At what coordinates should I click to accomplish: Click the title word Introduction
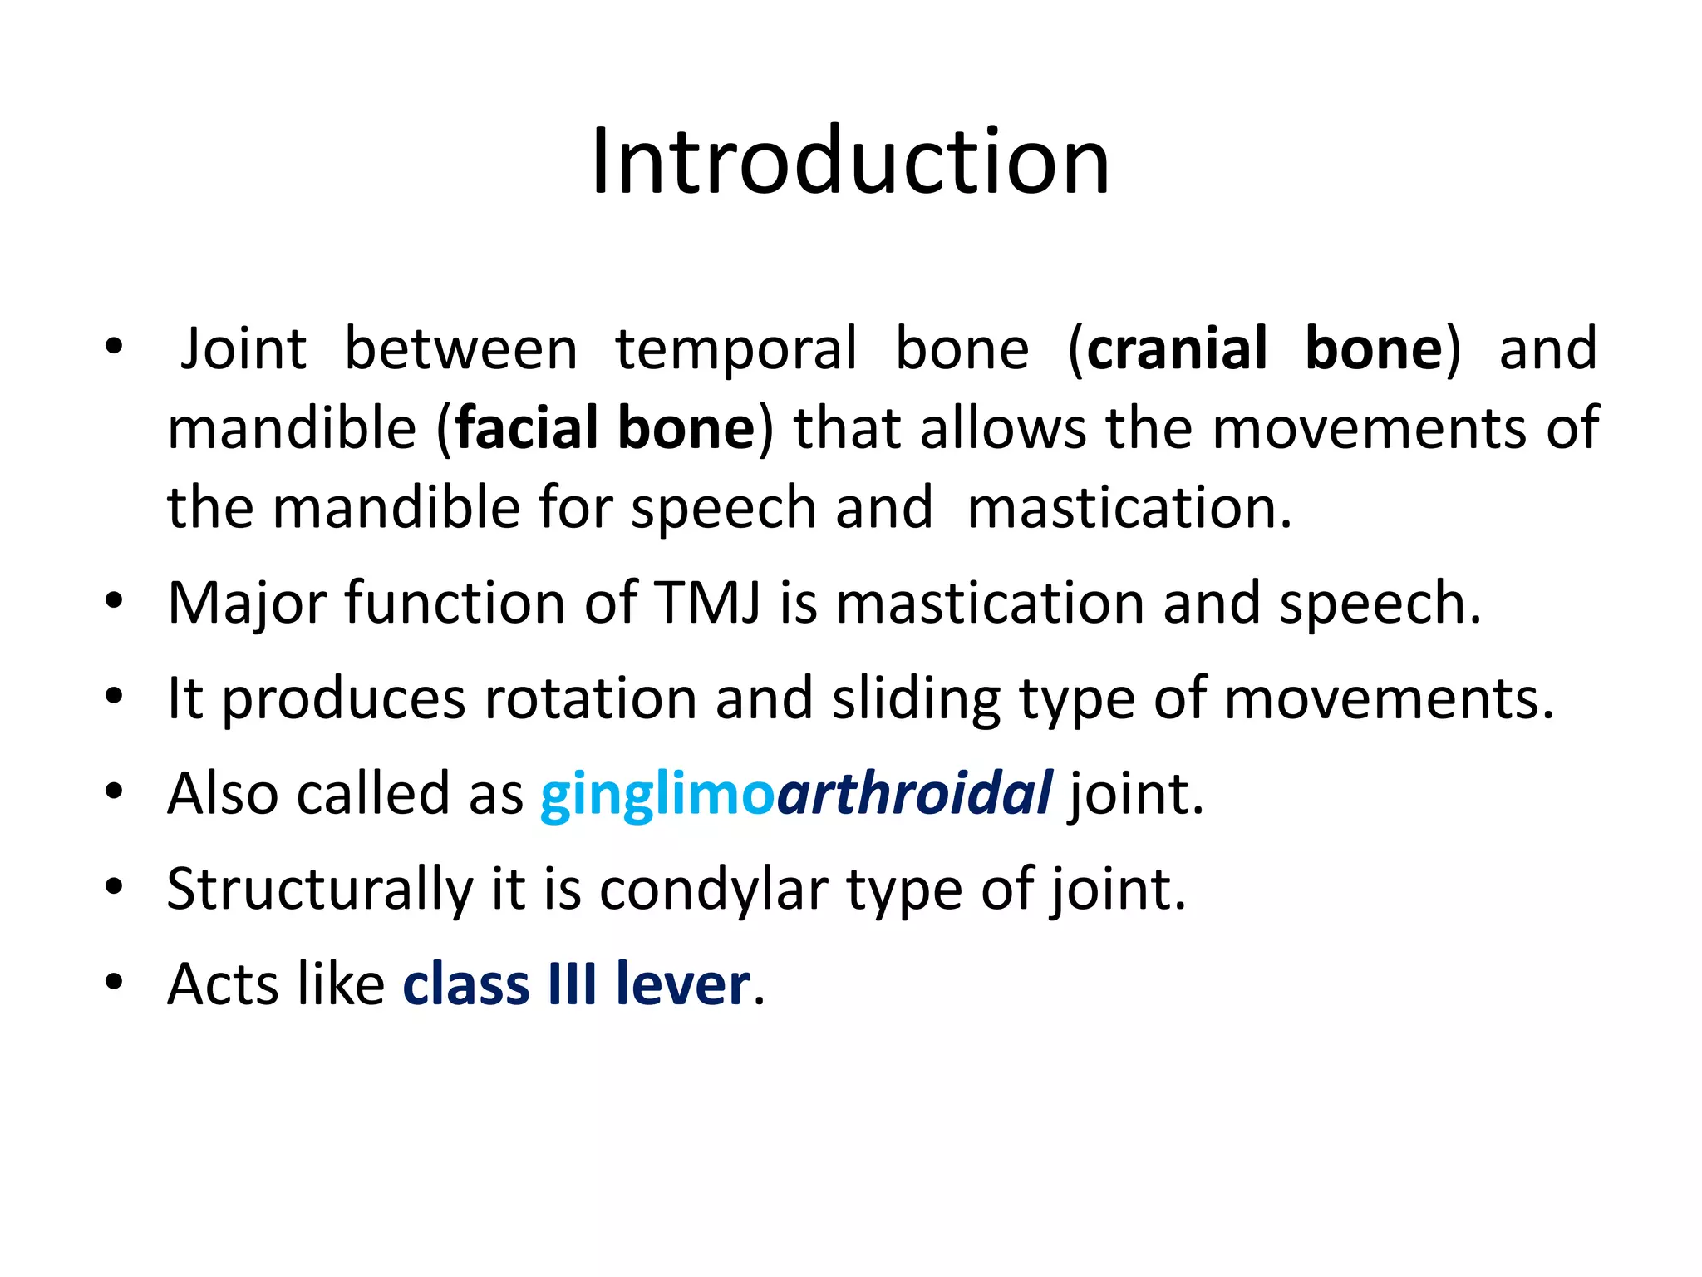850,162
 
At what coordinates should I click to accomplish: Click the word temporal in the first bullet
735,348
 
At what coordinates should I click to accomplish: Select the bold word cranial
1177,348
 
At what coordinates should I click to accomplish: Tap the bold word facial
527,428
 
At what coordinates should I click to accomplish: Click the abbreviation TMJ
707,603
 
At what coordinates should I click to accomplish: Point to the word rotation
590,698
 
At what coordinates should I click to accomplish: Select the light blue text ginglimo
657,795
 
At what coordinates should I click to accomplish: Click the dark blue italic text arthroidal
914,793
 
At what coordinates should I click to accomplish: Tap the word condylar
714,890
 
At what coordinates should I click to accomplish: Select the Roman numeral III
572,984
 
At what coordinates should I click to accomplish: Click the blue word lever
682,984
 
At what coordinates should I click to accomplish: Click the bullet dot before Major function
114,600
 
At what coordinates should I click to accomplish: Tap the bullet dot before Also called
114,791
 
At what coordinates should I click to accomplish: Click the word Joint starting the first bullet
243,348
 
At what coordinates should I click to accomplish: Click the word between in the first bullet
460,348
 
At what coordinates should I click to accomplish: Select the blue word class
465,984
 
